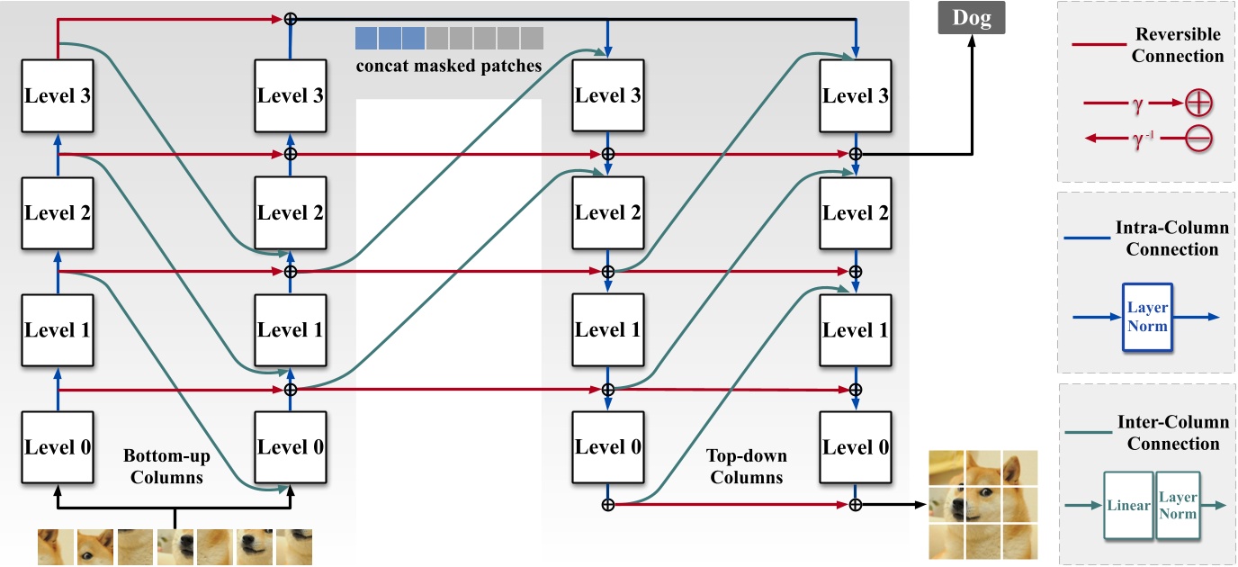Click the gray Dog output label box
(971, 19)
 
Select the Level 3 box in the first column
(58, 95)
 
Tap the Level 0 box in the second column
(290, 446)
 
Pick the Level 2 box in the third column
(607, 212)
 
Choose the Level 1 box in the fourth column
(855, 329)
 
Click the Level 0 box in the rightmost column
(855, 446)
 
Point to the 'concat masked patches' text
(448, 66)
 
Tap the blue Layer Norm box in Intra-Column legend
(1147, 317)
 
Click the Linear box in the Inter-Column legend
(1128, 506)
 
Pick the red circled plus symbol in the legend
(1199, 103)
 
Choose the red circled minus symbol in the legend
(1199, 139)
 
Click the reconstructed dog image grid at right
(982, 505)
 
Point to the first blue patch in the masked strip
(366, 38)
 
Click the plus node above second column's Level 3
(290, 18)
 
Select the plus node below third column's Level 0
(607, 504)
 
